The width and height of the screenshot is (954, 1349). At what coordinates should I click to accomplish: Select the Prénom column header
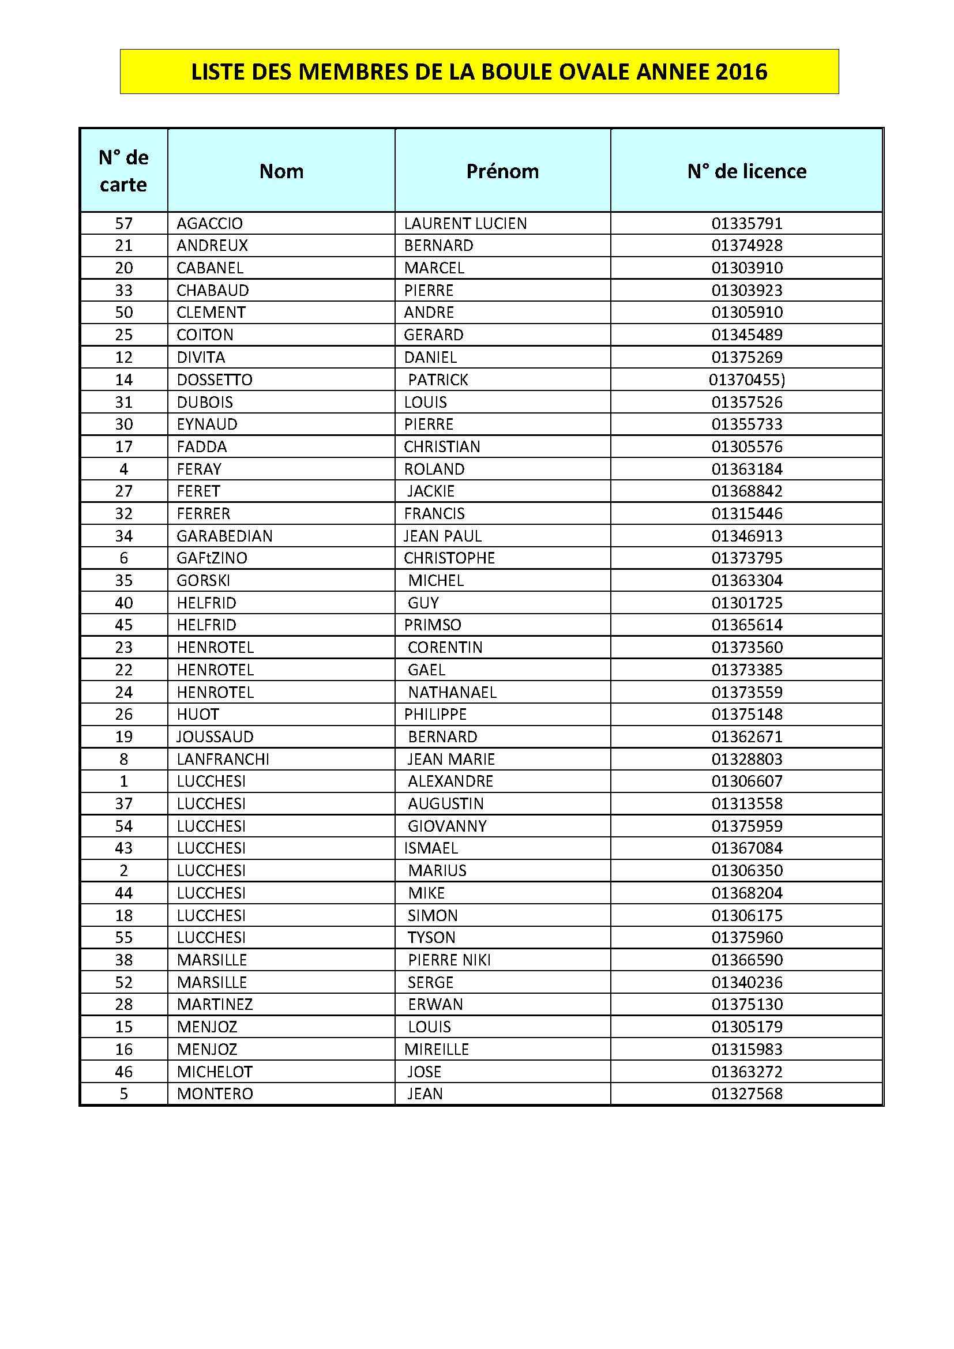coord(502,171)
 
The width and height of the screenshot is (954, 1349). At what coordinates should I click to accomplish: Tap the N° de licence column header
coord(746,171)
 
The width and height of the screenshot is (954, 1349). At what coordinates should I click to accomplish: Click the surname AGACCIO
coord(210,224)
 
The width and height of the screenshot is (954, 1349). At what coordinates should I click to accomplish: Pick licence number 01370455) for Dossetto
coord(746,380)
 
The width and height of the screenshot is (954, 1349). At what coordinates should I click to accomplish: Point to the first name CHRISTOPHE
coord(449,558)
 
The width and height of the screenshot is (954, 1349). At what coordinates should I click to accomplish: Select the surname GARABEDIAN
coord(224,536)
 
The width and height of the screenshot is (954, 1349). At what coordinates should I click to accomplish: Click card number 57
coord(123,224)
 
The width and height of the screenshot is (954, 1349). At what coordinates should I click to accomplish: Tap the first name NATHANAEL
coord(452,692)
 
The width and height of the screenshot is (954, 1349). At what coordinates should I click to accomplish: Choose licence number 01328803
coord(746,759)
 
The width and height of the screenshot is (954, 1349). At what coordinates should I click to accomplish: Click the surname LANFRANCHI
coord(223,759)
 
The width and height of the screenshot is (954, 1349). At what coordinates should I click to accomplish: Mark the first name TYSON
coord(432,938)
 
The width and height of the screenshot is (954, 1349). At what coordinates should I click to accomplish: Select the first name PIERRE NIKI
coord(449,960)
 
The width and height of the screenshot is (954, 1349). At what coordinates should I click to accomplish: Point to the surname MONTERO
coord(215,1094)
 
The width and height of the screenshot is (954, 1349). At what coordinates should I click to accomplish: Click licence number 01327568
coord(746,1094)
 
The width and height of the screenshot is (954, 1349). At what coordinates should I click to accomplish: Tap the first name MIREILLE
coord(437,1049)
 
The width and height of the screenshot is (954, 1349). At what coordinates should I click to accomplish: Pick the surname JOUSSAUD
coord(215,736)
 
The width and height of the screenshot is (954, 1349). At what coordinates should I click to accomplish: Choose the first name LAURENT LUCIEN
coord(465,224)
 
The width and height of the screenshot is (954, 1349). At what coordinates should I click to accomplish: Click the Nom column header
coord(281,171)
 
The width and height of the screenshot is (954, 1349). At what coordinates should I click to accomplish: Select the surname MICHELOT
coord(215,1072)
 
